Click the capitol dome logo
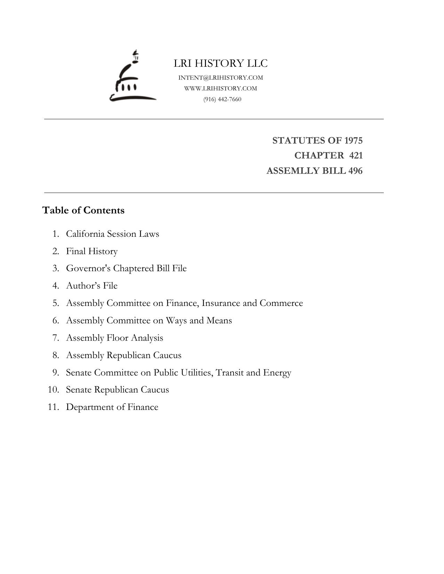click(132, 76)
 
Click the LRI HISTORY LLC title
click(221, 63)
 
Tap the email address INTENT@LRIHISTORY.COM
click(221, 78)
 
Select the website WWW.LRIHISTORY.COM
click(221, 88)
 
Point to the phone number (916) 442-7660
click(222, 99)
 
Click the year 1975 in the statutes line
click(353, 140)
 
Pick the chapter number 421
click(356, 155)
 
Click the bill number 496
click(355, 171)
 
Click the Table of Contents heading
click(83, 210)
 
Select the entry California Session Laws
click(112, 234)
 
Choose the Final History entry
click(92, 251)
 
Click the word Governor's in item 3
click(88, 268)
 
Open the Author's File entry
click(92, 285)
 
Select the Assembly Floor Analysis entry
click(114, 338)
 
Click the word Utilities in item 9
click(196, 372)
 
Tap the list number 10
click(53, 389)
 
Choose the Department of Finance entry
click(112, 407)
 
